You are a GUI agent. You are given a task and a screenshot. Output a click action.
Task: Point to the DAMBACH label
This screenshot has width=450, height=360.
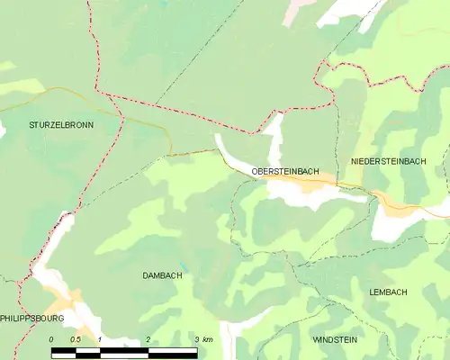(x=162, y=275)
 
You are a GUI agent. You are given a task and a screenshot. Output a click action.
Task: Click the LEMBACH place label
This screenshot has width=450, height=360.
(x=388, y=292)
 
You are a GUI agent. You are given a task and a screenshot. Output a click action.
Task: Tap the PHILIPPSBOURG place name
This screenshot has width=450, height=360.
(x=32, y=319)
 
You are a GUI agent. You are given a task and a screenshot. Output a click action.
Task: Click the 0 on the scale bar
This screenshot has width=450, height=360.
(x=51, y=339)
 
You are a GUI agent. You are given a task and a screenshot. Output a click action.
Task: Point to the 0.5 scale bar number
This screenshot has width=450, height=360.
(x=76, y=339)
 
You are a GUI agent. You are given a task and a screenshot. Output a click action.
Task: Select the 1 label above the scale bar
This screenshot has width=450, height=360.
(x=100, y=339)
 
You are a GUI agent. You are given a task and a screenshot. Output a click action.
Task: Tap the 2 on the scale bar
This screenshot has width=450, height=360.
(x=148, y=339)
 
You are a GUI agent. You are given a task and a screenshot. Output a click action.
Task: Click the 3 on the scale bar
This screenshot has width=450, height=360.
(x=196, y=339)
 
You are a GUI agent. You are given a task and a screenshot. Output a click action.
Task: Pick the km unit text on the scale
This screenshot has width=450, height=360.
(x=209, y=339)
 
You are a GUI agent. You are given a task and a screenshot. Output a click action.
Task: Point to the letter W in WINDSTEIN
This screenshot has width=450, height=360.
(x=315, y=341)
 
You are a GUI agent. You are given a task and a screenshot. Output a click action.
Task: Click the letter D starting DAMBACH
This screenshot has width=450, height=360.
(x=146, y=275)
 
